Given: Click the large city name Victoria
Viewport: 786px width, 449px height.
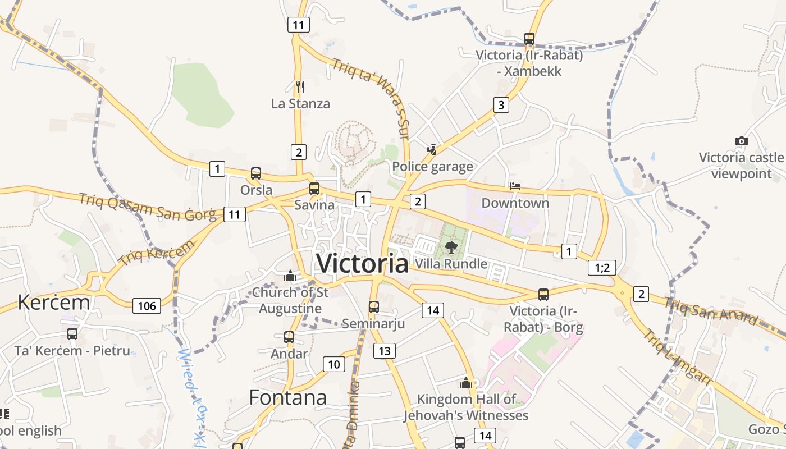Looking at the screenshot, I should (x=362, y=263).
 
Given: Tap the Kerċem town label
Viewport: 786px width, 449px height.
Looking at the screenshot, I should (x=54, y=302).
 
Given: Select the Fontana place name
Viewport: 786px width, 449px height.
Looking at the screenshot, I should (x=287, y=397).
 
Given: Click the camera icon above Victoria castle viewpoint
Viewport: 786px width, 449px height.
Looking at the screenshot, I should (x=741, y=141).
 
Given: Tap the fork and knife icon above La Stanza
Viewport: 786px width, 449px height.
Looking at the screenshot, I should (x=300, y=87).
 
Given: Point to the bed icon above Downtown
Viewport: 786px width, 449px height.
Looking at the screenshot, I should (x=515, y=186).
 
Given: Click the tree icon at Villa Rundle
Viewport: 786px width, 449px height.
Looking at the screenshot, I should (x=450, y=247).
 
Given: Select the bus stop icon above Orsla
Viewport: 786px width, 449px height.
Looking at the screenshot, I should (x=256, y=173).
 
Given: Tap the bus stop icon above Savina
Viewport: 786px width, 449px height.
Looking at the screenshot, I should (x=314, y=189).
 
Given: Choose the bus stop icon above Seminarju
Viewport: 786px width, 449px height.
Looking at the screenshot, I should (x=373, y=307).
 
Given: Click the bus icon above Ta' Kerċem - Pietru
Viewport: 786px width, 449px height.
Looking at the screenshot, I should (x=72, y=334).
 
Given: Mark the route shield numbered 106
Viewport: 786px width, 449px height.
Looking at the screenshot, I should (x=147, y=306).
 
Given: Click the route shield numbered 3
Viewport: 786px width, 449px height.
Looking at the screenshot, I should (x=501, y=104).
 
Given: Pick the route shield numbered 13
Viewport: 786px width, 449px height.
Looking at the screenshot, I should (x=385, y=351).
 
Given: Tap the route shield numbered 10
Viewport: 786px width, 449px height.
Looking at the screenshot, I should (x=333, y=364).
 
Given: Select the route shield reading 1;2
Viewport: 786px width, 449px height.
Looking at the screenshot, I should (x=602, y=268).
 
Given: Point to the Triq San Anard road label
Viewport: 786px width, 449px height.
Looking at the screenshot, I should (x=710, y=311).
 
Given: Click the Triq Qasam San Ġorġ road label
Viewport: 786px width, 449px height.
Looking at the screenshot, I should (x=147, y=206).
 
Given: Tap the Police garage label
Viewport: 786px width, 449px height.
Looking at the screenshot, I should (x=432, y=167).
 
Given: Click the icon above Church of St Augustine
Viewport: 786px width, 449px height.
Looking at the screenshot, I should (x=290, y=276).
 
